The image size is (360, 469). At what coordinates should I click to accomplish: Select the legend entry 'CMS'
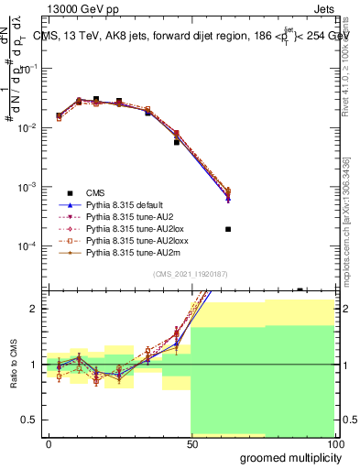point(96,191)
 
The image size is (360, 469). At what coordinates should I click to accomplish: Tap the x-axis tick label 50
point(191,442)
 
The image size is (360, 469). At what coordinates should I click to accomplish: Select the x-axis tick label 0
point(49,442)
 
